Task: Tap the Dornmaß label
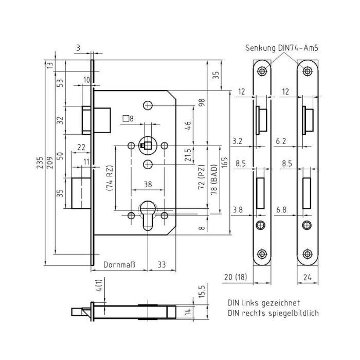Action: [119, 265]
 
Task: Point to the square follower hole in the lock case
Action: [148, 146]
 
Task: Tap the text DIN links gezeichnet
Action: [264, 303]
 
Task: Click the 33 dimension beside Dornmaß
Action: [161, 265]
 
